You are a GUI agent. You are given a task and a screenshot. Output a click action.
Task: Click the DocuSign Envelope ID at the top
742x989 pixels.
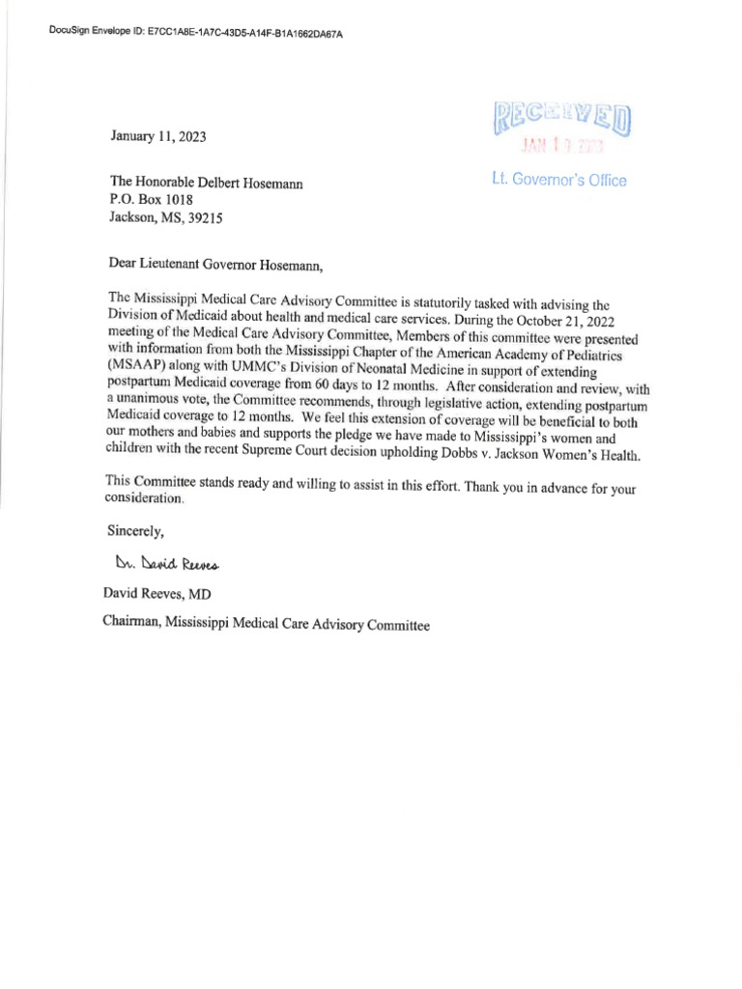(195, 33)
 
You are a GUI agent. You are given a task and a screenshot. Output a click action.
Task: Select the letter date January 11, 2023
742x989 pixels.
(157, 137)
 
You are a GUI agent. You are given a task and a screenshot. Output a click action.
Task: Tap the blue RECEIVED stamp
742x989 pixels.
(562, 120)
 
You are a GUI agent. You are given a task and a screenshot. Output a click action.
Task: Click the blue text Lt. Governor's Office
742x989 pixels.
(560, 181)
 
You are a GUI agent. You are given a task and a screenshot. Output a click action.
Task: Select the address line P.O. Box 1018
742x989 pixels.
(153, 200)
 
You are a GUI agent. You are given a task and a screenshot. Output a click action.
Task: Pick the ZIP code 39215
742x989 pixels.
(204, 218)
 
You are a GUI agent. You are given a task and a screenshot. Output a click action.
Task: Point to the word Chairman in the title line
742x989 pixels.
(130, 624)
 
